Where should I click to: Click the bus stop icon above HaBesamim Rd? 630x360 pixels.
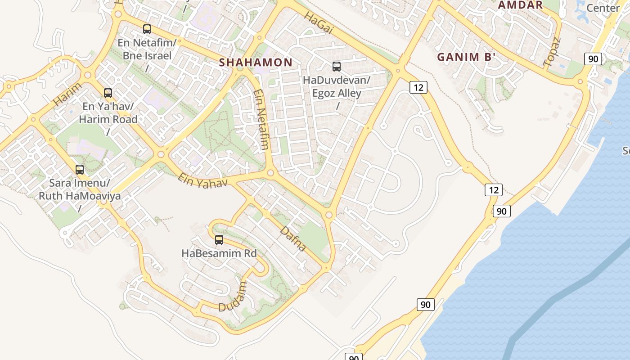(x=219, y=239)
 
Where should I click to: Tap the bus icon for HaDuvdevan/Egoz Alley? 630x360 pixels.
(x=336, y=67)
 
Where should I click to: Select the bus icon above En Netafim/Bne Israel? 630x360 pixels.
(x=147, y=29)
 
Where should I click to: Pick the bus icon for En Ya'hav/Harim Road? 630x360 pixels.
(x=108, y=93)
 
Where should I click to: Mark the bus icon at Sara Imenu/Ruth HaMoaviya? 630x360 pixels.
(x=80, y=170)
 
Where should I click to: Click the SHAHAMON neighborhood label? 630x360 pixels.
(x=256, y=63)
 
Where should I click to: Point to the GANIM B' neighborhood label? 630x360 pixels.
(x=466, y=57)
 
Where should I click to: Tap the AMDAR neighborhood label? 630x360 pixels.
(x=520, y=5)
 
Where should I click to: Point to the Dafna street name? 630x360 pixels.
(x=293, y=238)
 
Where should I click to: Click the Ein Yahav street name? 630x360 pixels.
(x=202, y=180)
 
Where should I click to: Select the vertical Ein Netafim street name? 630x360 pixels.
(x=261, y=119)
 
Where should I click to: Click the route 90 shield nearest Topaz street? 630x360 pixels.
(x=593, y=59)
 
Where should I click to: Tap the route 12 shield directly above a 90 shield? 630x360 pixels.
(x=494, y=190)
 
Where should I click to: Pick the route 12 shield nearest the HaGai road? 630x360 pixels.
(x=418, y=87)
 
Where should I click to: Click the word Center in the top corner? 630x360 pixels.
(x=603, y=8)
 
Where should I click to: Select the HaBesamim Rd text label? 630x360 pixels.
(x=219, y=253)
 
